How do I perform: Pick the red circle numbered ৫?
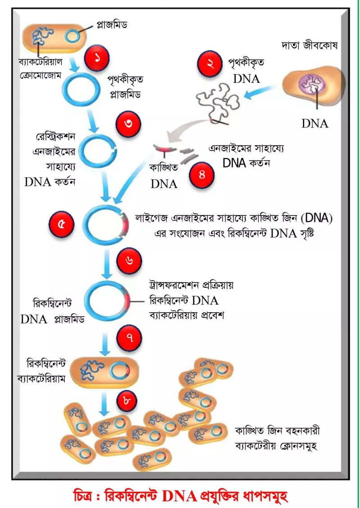(61, 225)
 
